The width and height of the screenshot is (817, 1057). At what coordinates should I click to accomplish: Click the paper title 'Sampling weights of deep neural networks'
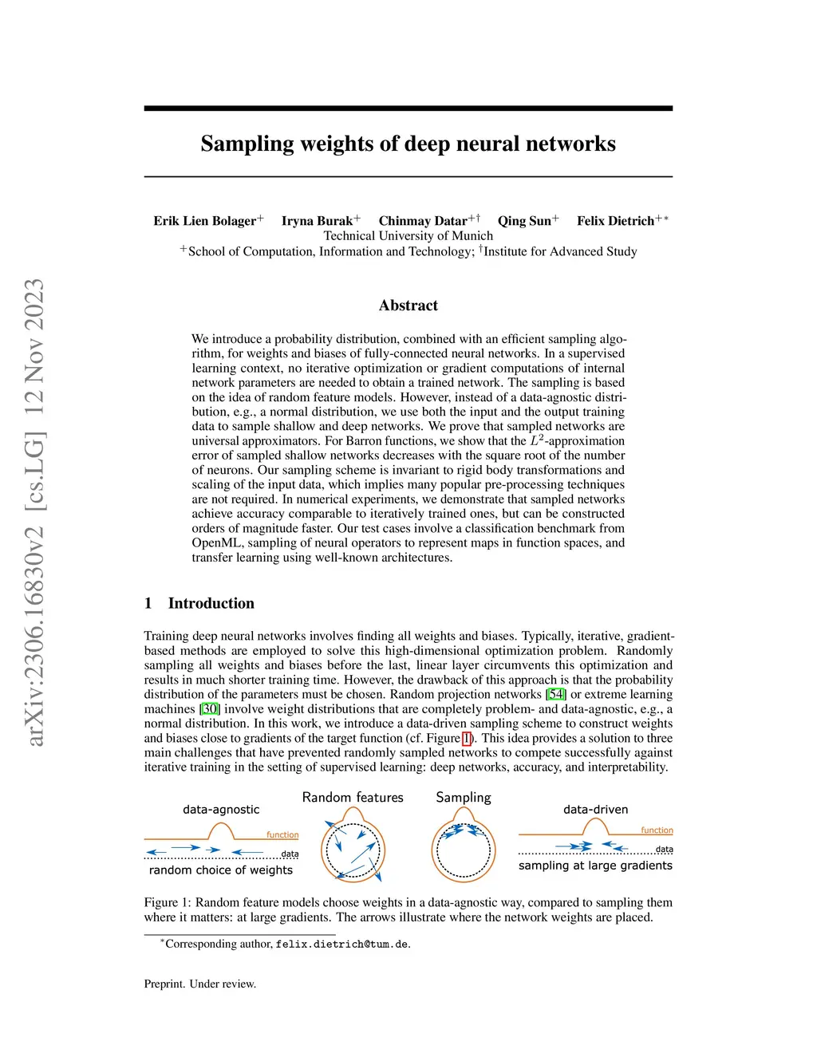(x=408, y=144)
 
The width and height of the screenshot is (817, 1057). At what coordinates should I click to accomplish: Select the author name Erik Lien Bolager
(x=205, y=221)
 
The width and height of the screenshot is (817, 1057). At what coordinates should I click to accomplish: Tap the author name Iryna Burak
(x=317, y=221)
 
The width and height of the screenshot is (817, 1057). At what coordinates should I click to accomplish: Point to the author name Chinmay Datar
(x=423, y=221)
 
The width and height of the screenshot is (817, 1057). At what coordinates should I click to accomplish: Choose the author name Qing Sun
(x=524, y=221)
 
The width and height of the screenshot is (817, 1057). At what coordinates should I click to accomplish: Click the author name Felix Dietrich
(x=615, y=221)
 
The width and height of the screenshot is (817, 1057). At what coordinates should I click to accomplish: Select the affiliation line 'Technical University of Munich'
(x=408, y=236)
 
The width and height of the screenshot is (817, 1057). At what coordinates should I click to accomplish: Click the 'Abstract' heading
(x=408, y=306)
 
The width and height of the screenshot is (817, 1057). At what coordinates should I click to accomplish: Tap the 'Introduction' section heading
(x=211, y=603)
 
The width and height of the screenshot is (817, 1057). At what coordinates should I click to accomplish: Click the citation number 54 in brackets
(x=556, y=694)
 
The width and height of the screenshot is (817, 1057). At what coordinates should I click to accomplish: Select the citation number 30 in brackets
(x=210, y=708)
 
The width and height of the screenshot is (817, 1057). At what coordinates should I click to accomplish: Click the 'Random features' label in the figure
(x=353, y=797)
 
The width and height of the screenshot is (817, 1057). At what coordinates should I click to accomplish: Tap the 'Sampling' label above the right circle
(x=463, y=797)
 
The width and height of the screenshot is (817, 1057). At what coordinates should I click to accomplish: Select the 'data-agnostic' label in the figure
(x=221, y=809)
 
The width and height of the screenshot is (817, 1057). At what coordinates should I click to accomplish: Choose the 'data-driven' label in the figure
(x=595, y=809)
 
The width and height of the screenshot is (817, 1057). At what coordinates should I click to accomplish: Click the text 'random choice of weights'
(x=221, y=870)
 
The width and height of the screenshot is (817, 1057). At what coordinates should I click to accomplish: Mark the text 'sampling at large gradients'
(x=595, y=866)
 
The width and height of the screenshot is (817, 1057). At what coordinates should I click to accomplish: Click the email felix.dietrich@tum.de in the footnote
(x=342, y=944)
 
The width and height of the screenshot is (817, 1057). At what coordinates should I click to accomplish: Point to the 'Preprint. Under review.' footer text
(x=200, y=984)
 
